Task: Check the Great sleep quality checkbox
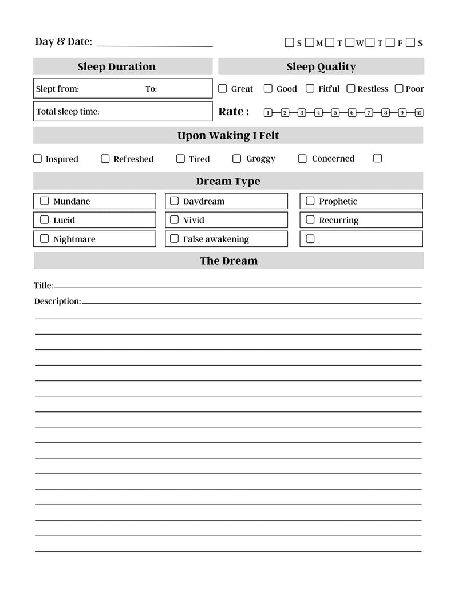(x=223, y=88)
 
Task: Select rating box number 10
(x=418, y=112)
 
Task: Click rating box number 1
(x=268, y=112)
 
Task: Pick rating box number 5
(x=335, y=112)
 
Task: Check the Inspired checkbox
(x=38, y=159)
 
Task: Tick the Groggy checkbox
(x=236, y=159)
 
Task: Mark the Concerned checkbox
(x=302, y=159)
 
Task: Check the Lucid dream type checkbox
(x=44, y=219)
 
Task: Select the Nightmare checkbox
(x=44, y=239)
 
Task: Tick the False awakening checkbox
(x=174, y=239)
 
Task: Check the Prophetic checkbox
(x=310, y=201)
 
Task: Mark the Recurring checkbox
(x=310, y=219)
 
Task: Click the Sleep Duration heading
(x=116, y=66)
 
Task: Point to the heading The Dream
(x=228, y=261)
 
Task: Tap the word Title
(x=43, y=285)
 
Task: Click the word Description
(x=57, y=301)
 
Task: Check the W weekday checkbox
(x=350, y=42)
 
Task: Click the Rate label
(x=234, y=111)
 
